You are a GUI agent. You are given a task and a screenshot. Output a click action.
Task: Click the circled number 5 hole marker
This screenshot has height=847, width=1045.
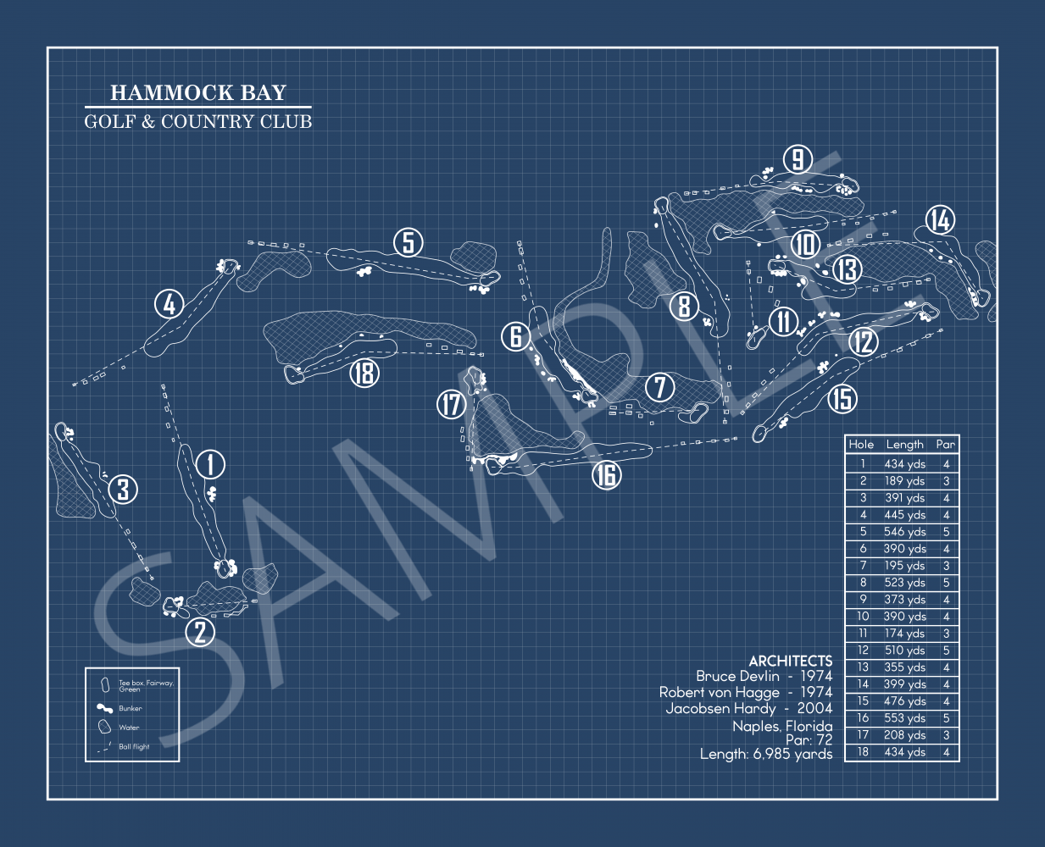[x=409, y=243]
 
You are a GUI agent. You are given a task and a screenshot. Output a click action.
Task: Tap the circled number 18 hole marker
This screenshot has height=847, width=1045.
[x=364, y=372]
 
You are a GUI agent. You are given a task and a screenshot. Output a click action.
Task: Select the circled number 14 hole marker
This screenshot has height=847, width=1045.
[x=940, y=220]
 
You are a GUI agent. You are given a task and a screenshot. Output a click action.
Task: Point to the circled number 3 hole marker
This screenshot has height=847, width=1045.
[x=124, y=489]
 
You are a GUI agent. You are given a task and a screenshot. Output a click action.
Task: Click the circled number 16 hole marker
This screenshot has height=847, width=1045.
[x=606, y=475]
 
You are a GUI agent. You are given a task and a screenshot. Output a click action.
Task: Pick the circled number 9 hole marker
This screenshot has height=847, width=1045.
[x=798, y=159]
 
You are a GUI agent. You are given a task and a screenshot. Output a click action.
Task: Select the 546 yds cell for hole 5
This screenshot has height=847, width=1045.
[x=904, y=532]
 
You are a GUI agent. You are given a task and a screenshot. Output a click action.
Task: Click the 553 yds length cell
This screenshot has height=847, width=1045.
[x=904, y=718]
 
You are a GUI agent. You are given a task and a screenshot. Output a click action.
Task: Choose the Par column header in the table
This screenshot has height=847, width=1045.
[x=945, y=444]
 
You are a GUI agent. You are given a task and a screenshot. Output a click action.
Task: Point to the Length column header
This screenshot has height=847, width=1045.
[x=904, y=444]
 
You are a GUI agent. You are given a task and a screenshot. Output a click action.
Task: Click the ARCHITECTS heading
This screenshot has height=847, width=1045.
[x=790, y=661]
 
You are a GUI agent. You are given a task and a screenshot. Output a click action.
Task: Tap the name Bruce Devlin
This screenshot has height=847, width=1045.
[x=737, y=676]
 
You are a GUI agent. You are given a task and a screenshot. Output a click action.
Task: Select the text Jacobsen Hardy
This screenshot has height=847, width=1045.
[x=720, y=708]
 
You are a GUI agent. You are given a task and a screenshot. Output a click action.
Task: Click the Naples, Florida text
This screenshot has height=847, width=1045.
[x=781, y=726]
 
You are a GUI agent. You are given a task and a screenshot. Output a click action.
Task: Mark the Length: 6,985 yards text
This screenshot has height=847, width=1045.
[x=765, y=754]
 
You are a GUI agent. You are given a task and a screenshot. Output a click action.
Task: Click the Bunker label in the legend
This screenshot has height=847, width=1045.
[x=131, y=708]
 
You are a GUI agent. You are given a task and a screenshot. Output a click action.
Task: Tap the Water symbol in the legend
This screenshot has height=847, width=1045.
[x=104, y=727]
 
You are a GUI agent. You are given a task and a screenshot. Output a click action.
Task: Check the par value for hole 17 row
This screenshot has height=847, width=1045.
[x=946, y=735]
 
